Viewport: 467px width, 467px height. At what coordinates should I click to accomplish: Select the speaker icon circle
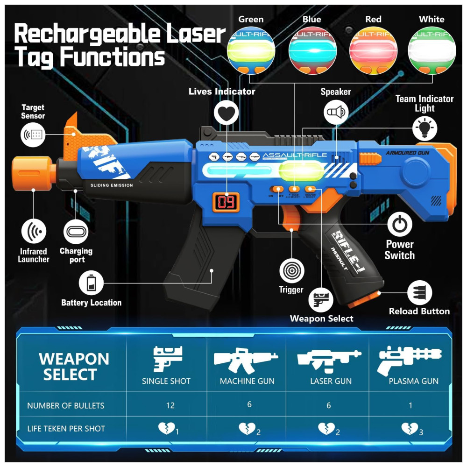(x=336, y=112)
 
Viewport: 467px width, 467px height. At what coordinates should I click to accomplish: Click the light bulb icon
(x=425, y=127)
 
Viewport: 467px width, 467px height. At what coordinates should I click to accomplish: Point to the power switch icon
(x=399, y=225)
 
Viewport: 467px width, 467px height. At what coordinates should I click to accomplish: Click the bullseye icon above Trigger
(x=292, y=270)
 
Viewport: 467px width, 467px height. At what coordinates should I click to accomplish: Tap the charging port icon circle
(x=76, y=231)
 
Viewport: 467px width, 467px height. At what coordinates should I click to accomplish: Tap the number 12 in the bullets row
(x=170, y=405)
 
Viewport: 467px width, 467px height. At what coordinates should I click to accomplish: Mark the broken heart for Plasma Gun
(x=410, y=428)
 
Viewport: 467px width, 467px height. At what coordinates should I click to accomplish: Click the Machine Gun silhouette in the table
(x=246, y=358)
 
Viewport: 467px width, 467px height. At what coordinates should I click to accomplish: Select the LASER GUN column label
(x=331, y=381)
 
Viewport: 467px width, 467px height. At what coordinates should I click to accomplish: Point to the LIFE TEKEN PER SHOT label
(x=66, y=428)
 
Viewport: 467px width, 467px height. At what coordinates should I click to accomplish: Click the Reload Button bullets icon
(x=419, y=293)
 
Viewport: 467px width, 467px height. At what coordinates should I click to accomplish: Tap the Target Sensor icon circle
(x=34, y=134)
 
